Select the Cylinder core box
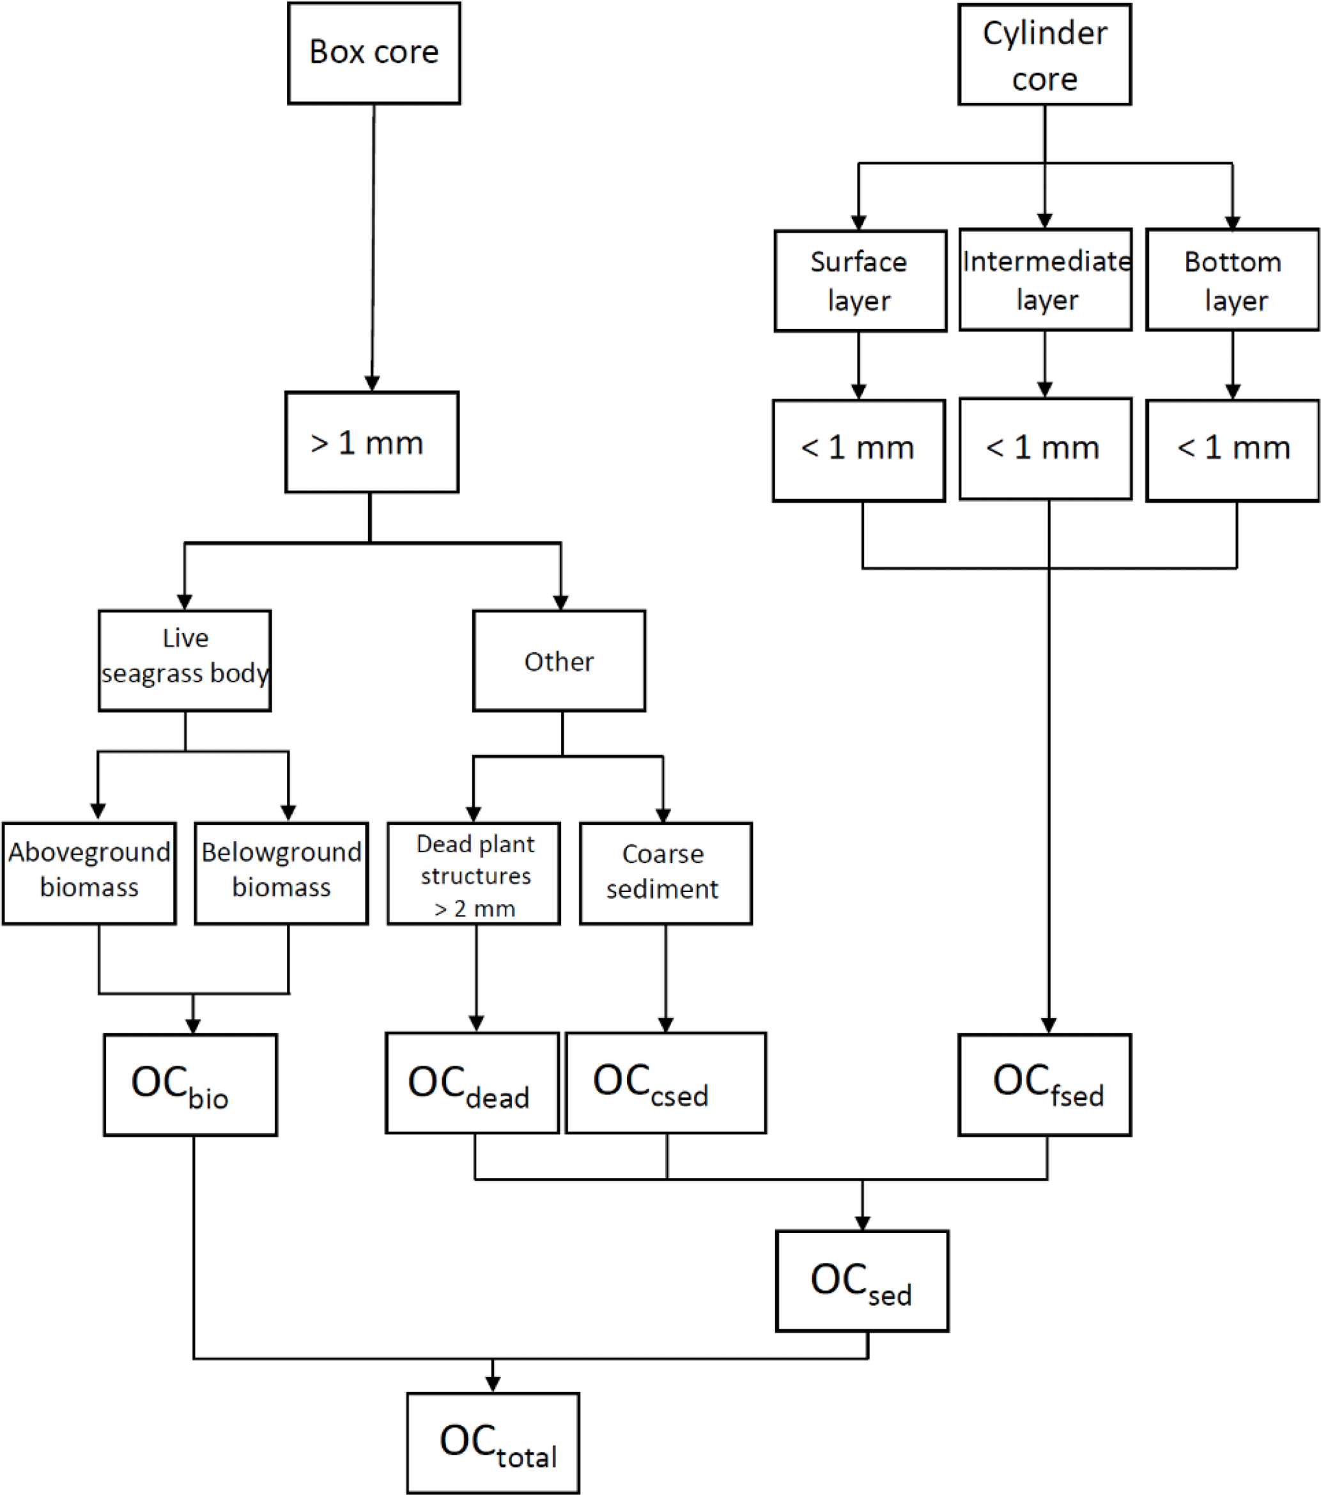1044,55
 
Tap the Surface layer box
860,281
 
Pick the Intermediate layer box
1046,279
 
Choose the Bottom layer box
1233,280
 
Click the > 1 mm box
371,441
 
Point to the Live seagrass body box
185,661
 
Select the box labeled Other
559,661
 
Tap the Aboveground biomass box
89,873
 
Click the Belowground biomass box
282,873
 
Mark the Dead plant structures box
474,873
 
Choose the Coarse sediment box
666,873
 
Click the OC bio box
190,1084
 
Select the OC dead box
472,1082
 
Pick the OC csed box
666,1082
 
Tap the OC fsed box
1044,1084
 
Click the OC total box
493,1443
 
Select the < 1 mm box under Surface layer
859,450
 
